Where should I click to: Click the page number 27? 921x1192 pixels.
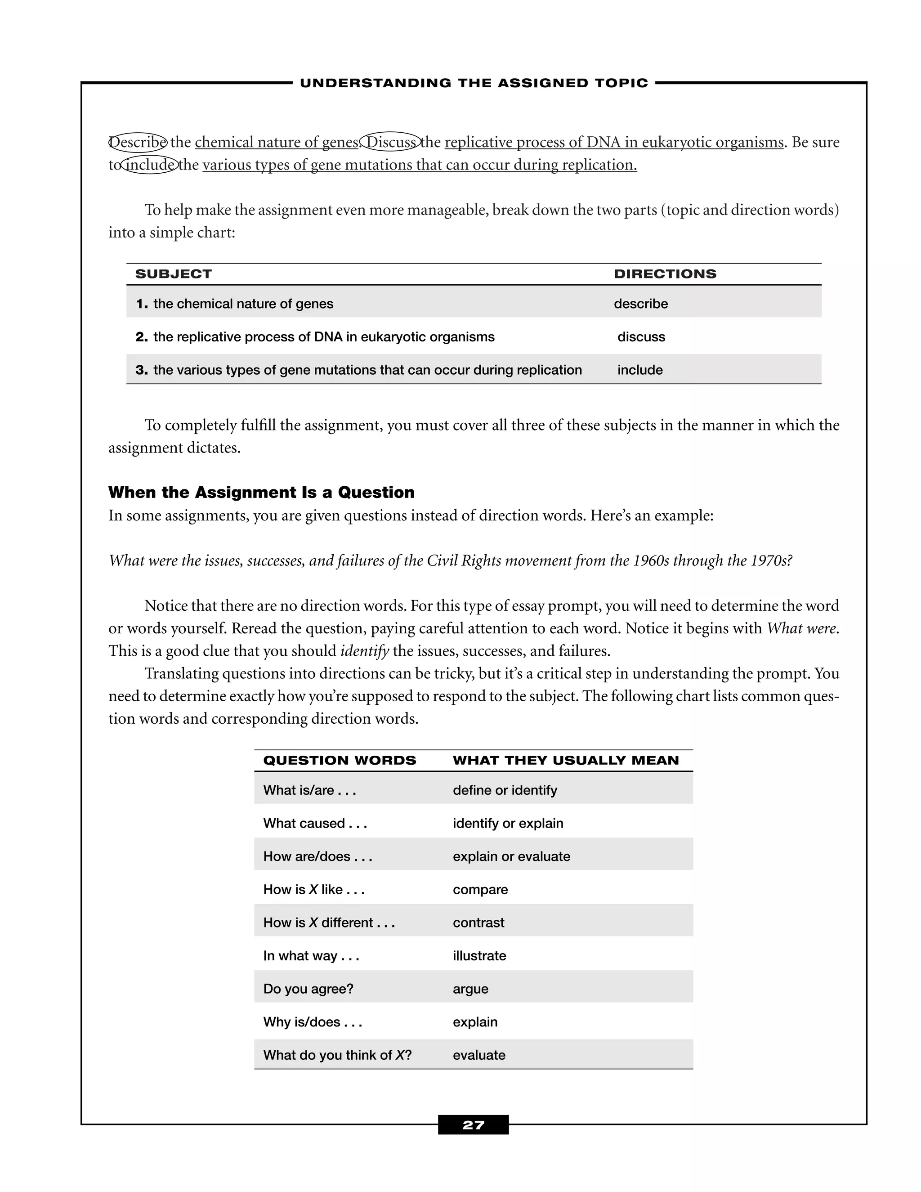(x=473, y=1125)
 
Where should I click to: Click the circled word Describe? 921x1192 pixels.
(x=138, y=143)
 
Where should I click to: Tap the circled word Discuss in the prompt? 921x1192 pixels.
(x=391, y=143)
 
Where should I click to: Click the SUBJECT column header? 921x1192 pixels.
(x=174, y=274)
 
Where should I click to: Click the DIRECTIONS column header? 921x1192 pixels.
(x=665, y=274)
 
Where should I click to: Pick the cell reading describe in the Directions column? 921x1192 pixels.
(x=640, y=304)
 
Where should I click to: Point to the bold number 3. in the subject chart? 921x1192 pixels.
(x=141, y=370)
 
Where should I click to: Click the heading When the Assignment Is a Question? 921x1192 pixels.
(x=261, y=492)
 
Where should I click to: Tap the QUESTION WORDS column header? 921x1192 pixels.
(x=340, y=760)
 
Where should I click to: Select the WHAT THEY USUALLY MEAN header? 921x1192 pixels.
(x=565, y=760)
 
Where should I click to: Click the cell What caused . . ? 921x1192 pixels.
(x=315, y=823)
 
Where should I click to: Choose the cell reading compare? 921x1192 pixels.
(x=480, y=889)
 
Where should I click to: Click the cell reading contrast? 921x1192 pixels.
(x=478, y=923)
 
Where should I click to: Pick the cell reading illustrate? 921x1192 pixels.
(x=479, y=956)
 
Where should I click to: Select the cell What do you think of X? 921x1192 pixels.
(x=337, y=1055)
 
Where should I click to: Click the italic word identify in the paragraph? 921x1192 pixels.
(x=364, y=651)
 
